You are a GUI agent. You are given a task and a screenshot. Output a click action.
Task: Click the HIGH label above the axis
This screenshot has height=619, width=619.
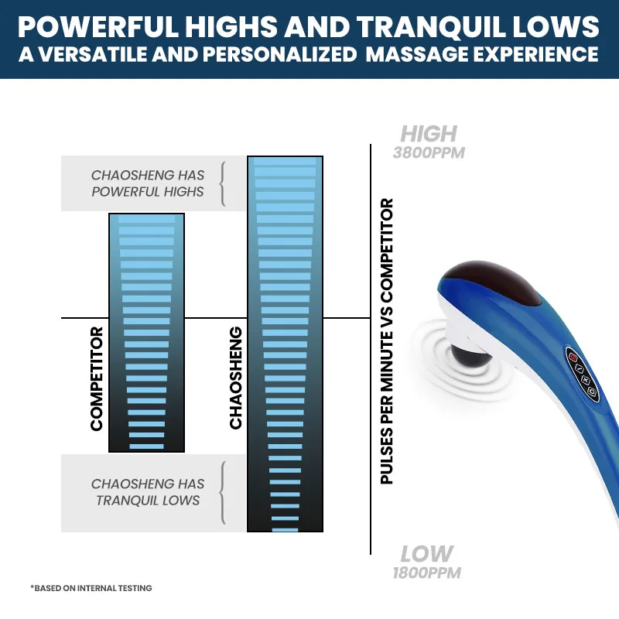[428, 134]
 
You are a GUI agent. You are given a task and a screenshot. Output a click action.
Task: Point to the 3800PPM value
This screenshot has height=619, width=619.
[429, 152]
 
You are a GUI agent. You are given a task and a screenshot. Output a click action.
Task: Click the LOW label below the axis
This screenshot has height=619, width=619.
[426, 554]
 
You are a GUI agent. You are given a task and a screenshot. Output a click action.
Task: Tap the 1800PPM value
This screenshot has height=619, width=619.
[428, 573]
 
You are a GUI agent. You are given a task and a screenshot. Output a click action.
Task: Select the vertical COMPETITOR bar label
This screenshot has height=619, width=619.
[97, 379]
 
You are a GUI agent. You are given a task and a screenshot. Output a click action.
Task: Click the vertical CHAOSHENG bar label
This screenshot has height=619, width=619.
[236, 378]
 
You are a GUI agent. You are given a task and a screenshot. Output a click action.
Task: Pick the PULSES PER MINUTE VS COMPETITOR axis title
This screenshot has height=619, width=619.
[387, 341]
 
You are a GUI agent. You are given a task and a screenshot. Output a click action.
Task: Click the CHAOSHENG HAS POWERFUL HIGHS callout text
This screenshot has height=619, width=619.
[148, 183]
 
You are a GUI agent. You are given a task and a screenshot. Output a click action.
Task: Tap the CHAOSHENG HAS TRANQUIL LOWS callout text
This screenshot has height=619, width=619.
[148, 492]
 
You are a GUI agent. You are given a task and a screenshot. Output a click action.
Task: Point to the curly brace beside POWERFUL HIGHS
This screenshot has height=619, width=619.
[223, 183]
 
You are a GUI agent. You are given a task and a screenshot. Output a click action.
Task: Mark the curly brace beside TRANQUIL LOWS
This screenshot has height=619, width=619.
[223, 492]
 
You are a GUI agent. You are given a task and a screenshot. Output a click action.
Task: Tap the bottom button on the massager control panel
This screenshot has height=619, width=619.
[592, 392]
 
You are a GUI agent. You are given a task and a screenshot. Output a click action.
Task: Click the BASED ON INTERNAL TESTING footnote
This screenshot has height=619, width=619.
[91, 588]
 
